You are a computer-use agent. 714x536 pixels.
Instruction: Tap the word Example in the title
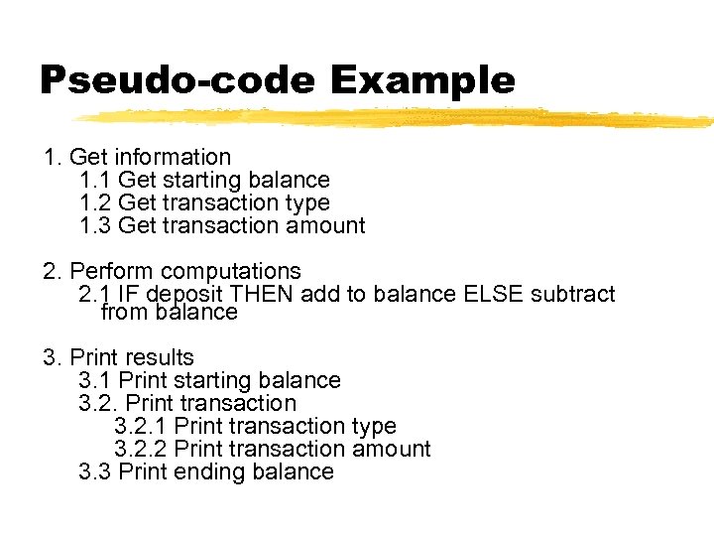[x=423, y=81]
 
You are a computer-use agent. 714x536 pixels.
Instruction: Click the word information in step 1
[x=173, y=157]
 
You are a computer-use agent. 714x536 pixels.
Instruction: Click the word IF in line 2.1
[x=127, y=294]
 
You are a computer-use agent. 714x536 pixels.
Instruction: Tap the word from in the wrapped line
[x=122, y=312]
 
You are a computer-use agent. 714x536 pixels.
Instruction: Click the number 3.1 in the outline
[x=95, y=380]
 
